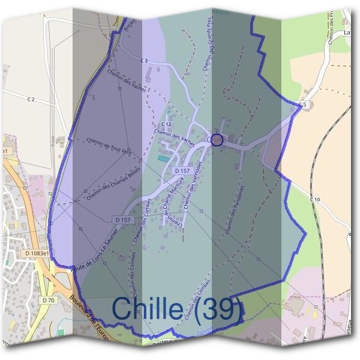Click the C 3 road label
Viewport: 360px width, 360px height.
144,61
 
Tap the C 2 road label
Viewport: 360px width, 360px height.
31,100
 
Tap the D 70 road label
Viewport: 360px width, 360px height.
49,299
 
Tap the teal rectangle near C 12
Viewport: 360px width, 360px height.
163,158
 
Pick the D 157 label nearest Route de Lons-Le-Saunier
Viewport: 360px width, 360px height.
122,220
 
